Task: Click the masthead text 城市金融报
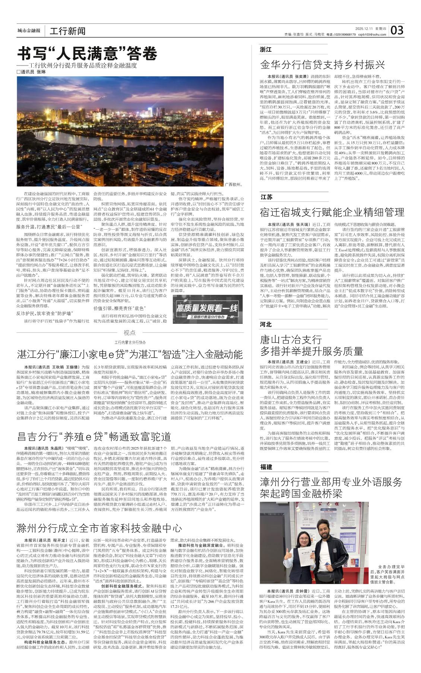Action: (29, 31)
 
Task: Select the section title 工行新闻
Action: (67, 31)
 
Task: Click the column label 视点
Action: (130, 333)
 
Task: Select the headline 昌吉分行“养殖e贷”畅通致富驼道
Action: (94, 436)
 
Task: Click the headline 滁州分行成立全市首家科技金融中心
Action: (99, 528)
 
